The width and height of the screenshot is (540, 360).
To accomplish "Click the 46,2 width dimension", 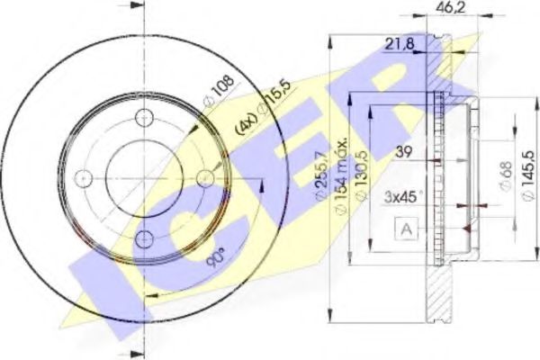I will point(443,7).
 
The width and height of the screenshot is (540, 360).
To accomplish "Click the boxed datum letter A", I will point(406,231).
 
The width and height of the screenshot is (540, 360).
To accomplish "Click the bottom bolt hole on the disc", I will point(144,238).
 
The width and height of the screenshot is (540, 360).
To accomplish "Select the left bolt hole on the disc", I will point(83,176).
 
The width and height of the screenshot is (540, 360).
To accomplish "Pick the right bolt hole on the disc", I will point(205,176).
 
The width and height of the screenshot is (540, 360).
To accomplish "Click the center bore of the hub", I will point(144,176).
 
